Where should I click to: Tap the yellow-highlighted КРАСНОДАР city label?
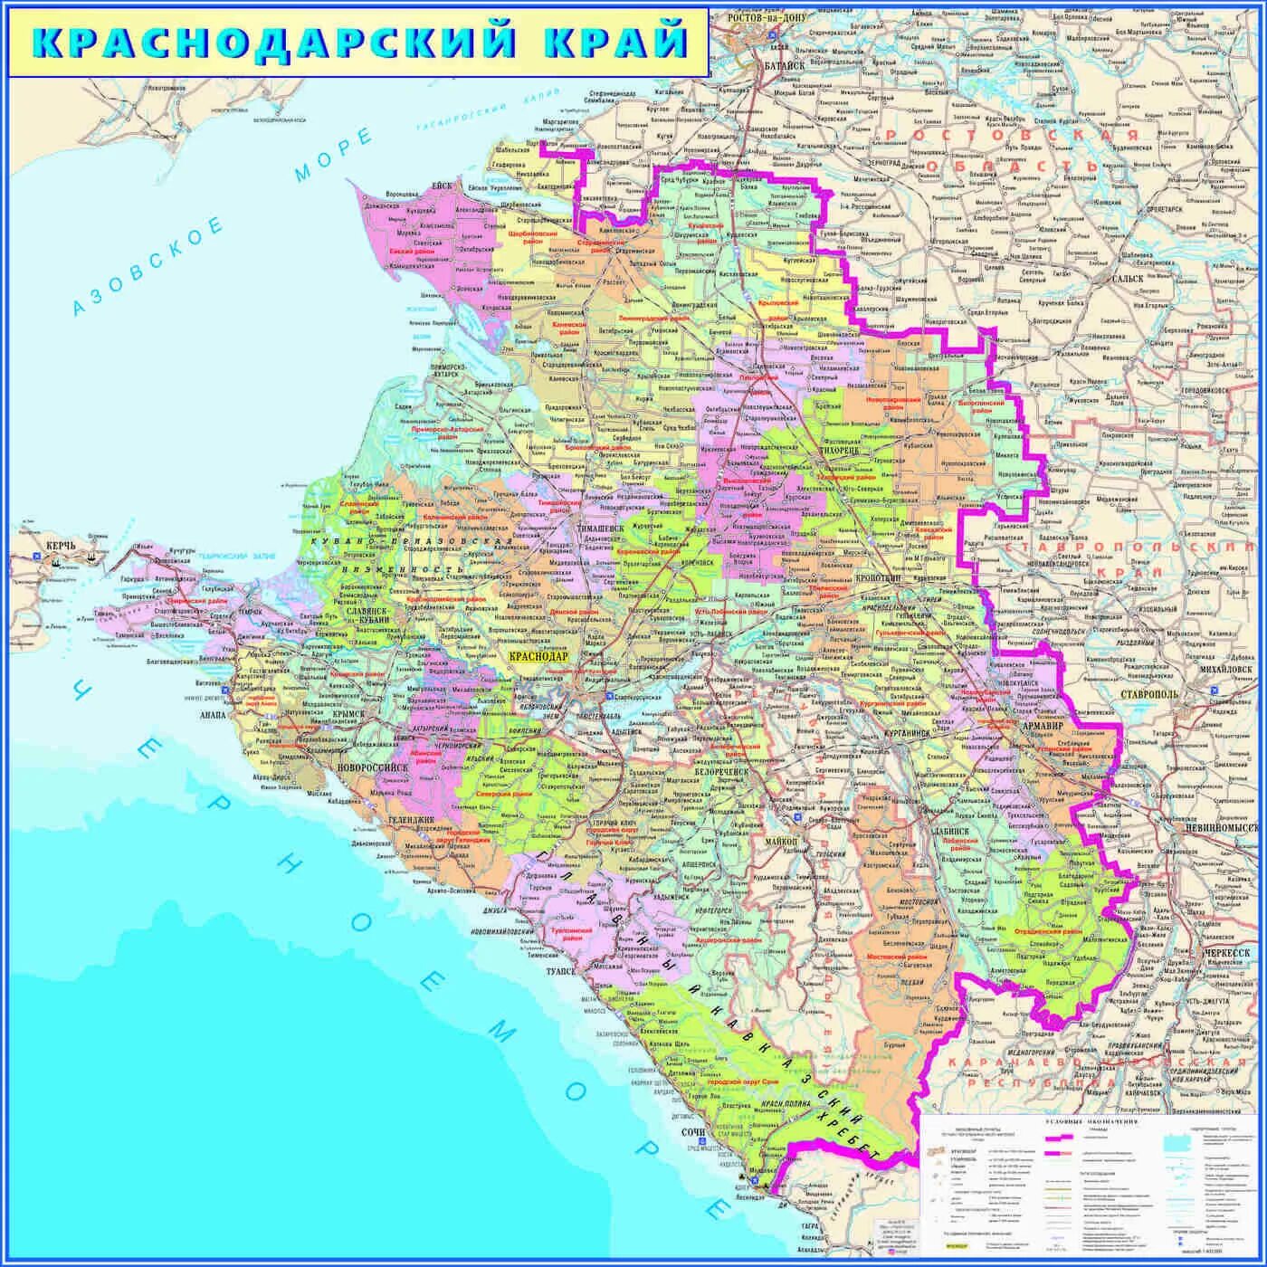click(x=539, y=656)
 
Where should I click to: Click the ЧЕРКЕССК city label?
click(x=1226, y=953)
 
